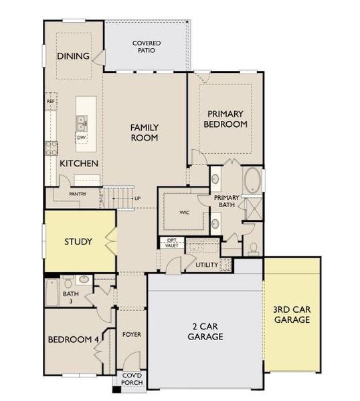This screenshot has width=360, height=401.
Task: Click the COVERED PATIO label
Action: point(146,47)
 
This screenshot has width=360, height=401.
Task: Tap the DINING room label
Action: point(73,56)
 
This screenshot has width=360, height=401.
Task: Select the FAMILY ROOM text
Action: point(144,132)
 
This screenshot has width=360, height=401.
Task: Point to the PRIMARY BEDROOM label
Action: point(227,119)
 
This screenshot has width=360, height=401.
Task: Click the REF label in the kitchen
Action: point(50,101)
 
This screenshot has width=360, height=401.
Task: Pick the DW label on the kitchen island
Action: point(81,138)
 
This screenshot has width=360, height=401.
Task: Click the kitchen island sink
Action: point(82,122)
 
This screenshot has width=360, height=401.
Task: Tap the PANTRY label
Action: point(79,194)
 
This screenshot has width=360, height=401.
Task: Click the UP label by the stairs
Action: point(137,198)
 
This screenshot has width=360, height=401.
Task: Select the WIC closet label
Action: point(185,213)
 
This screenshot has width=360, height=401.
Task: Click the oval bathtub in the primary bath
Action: point(252,182)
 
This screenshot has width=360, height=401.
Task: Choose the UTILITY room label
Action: point(207,265)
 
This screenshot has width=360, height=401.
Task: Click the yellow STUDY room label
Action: point(78,241)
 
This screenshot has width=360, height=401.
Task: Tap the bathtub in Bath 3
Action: point(52,291)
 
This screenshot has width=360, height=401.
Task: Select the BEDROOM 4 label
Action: point(73,340)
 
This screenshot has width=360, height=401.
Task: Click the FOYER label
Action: point(132,334)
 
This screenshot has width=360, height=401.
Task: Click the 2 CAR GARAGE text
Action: point(204,332)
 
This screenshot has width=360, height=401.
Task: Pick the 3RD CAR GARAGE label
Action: point(292,315)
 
